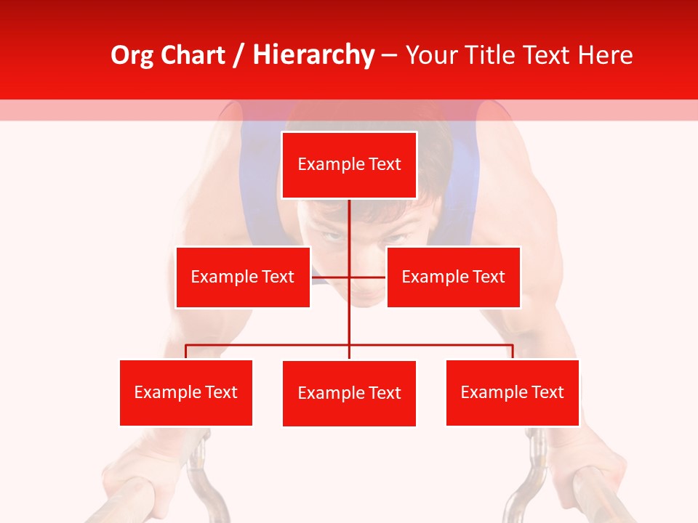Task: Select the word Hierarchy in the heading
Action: (313, 56)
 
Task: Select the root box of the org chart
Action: (349, 165)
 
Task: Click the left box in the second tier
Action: (243, 277)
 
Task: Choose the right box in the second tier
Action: (453, 277)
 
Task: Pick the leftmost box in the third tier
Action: (186, 393)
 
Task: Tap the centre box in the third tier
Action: (349, 394)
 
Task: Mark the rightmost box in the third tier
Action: (513, 393)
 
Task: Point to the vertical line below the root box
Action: (349, 225)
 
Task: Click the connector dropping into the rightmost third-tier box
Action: (513, 352)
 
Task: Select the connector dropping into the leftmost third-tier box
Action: (186, 352)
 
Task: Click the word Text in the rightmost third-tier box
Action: (547, 393)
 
